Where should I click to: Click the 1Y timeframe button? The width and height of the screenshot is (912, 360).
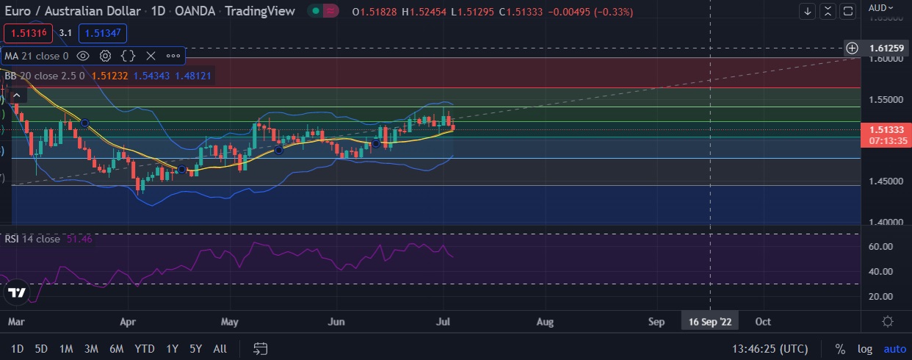tap(172, 348)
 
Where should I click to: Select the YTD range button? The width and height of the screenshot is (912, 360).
tap(145, 348)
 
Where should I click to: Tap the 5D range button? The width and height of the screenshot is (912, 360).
tap(41, 348)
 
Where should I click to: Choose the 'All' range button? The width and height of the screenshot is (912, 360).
tap(220, 348)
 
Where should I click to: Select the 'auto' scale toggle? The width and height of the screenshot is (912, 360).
tap(894, 348)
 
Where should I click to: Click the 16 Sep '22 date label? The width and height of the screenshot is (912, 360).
tap(710, 322)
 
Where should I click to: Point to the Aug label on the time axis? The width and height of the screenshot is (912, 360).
tap(545, 322)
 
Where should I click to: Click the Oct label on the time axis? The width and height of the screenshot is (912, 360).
tap(764, 322)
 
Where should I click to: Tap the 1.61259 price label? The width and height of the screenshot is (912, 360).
tap(886, 48)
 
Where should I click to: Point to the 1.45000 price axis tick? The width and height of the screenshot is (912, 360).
tap(886, 181)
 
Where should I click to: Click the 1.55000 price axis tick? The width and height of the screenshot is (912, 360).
tap(886, 98)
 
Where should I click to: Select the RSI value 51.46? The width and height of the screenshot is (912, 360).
tap(80, 239)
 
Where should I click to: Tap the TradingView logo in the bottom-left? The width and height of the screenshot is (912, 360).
tap(16, 292)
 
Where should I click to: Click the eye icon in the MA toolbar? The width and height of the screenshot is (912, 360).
tap(83, 55)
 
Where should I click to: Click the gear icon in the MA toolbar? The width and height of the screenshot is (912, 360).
tap(105, 55)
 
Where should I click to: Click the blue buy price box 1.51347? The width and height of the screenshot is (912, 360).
tap(103, 32)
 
